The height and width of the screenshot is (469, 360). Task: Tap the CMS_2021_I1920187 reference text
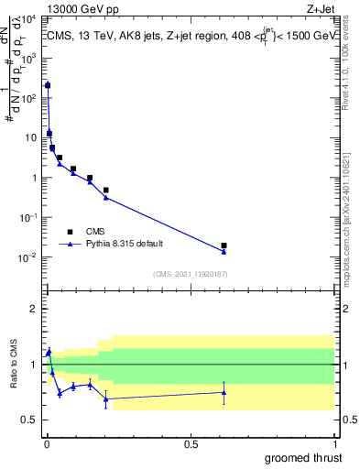(190, 273)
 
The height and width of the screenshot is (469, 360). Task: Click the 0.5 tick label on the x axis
(190, 443)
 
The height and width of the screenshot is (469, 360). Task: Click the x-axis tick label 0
(46, 443)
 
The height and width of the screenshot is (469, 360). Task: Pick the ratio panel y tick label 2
(35, 309)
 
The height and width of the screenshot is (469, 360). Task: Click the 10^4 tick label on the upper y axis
(29, 18)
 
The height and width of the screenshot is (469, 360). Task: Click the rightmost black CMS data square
(224, 245)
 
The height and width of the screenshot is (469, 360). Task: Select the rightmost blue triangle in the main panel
(224, 251)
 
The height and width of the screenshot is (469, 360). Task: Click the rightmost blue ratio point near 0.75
(224, 393)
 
